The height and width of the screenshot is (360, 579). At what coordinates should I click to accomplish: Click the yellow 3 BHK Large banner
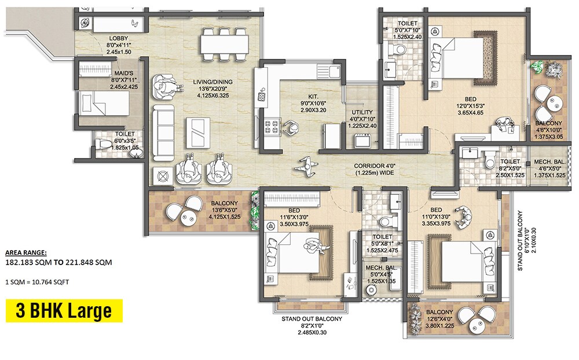point(64,311)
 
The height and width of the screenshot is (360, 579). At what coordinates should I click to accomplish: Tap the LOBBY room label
point(119,39)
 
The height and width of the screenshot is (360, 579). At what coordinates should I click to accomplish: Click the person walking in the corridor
point(305,167)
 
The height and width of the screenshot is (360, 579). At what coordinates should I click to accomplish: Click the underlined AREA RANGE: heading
point(26,253)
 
